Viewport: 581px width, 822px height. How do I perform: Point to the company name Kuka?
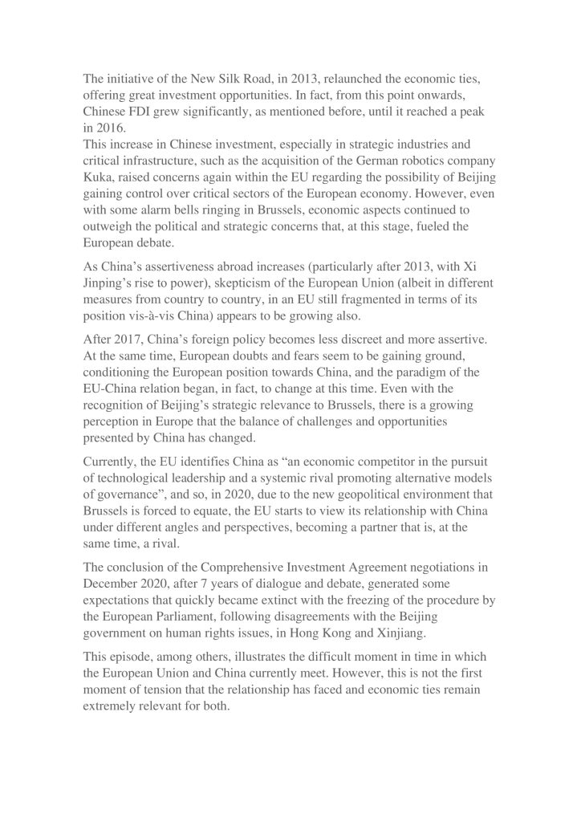pyautogui.click(x=100, y=185)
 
